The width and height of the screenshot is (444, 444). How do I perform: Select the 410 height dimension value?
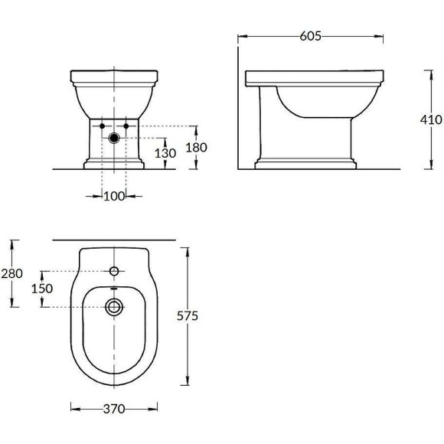(430, 119)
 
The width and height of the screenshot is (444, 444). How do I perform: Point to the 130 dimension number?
(165, 153)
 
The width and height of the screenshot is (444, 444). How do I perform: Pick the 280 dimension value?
(12, 273)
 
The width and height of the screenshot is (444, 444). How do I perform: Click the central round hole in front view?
(114, 139)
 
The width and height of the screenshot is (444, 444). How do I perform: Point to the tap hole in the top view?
(114, 271)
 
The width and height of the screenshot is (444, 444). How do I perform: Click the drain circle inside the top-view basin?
(114, 307)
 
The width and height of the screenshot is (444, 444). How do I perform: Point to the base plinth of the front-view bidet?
(114, 163)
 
